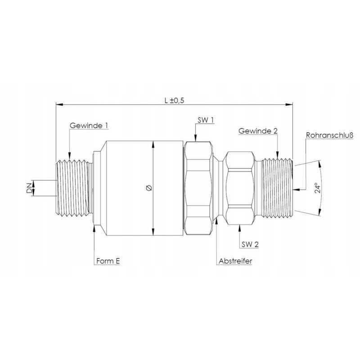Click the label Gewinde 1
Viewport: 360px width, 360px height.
pos(89,126)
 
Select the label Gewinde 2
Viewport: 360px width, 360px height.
pos(258,131)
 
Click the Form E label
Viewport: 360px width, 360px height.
pos(108,261)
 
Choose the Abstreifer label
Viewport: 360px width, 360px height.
pos(235,261)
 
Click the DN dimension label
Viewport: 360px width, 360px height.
pos(29,188)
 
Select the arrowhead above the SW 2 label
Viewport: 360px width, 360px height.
pos(238,225)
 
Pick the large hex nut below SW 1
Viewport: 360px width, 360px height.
pos(198,188)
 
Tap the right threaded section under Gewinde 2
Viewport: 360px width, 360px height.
pos(277,188)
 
